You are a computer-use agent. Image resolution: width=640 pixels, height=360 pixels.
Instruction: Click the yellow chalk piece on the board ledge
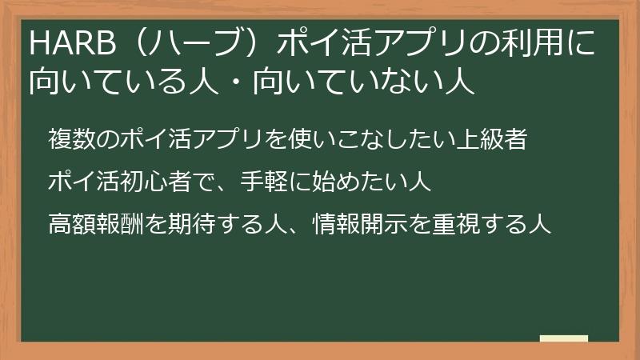pos(564,338)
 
